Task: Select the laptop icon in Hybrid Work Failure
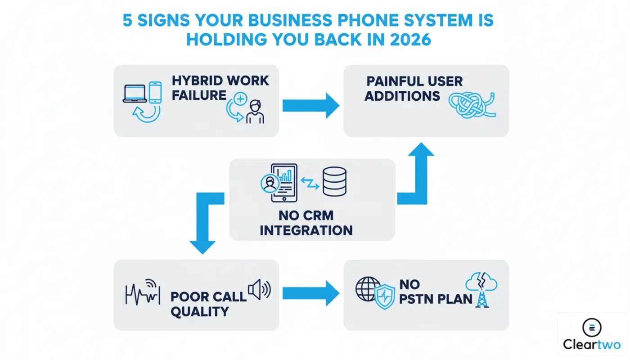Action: tap(135, 93)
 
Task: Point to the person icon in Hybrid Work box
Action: tap(255, 112)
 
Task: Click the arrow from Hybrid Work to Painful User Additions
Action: tap(310, 106)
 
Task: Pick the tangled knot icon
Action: tap(472, 105)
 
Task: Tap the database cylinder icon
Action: tap(334, 181)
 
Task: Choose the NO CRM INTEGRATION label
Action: tap(306, 223)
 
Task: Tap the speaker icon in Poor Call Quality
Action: tap(259, 289)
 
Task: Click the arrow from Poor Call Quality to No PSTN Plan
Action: tap(310, 293)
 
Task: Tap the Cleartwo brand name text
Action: tap(592, 345)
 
